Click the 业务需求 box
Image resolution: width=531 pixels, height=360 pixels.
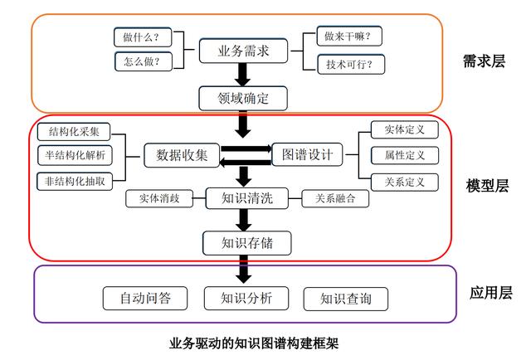[243, 51]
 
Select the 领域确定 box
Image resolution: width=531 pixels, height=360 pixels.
[243, 99]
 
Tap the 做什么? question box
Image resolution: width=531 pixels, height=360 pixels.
[143, 37]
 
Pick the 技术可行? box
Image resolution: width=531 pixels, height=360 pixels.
[351, 64]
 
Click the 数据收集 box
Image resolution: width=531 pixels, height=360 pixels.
[182, 155]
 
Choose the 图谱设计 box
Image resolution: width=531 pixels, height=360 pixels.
[307, 155]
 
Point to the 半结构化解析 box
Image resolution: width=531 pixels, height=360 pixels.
[75, 155]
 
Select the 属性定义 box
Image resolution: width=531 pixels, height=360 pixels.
[405, 155]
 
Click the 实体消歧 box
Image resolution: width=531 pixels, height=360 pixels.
[159, 198]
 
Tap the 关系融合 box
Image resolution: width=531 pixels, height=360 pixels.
[335, 198]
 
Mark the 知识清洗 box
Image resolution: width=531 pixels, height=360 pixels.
[247, 198]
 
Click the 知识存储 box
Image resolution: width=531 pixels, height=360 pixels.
[247, 243]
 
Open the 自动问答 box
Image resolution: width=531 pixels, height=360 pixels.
[145, 299]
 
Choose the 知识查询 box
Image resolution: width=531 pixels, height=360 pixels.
[346, 299]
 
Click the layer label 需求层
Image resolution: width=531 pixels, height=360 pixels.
[484, 61]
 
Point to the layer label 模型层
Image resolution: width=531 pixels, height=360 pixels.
[487, 186]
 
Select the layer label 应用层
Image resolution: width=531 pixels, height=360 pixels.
[490, 293]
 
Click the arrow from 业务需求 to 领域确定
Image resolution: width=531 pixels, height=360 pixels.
[243, 75]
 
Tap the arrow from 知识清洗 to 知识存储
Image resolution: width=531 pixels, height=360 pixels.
[243, 220]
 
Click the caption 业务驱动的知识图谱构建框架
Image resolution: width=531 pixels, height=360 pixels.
[254, 343]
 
